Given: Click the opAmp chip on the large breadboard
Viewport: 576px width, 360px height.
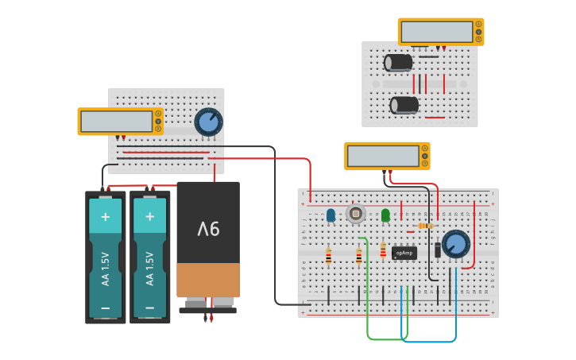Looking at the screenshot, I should click(404, 253).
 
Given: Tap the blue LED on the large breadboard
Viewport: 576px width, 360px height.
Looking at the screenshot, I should click(331, 215).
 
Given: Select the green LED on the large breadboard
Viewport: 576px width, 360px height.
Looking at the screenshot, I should click(385, 215).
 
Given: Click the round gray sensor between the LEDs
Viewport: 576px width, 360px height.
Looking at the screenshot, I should click(355, 213).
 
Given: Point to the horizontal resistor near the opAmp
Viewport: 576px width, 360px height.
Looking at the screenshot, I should click(426, 226).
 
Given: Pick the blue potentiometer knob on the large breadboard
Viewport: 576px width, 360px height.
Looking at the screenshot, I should click(456, 244).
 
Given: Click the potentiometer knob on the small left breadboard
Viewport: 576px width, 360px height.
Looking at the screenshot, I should click(209, 122).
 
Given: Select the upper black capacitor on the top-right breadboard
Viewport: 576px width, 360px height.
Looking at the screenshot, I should click(399, 62).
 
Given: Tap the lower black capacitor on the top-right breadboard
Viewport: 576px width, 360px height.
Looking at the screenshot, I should click(404, 105).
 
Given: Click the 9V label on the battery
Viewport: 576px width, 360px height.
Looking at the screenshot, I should click(208, 229).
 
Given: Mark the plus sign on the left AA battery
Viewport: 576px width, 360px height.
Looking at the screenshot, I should click(106, 216).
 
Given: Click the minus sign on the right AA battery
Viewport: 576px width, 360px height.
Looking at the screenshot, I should click(149, 307).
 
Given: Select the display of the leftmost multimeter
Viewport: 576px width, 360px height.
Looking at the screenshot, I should click(117, 122).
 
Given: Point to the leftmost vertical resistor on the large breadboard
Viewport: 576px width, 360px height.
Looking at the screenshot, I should click(328, 256).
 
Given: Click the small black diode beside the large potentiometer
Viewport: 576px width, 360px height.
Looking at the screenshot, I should click(438, 250).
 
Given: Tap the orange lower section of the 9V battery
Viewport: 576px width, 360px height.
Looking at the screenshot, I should click(208, 280).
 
